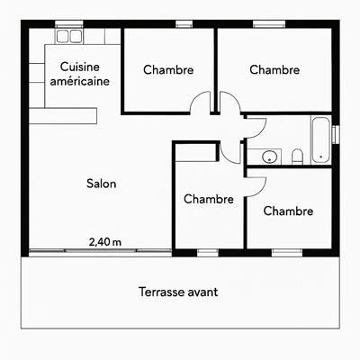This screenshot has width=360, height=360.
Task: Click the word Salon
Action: (102, 184)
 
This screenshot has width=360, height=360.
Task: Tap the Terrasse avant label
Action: (178, 292)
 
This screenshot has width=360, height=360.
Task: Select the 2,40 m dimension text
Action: (105, 242)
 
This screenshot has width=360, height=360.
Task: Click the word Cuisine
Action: (80, 67)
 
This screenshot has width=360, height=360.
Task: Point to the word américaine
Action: (80, 81)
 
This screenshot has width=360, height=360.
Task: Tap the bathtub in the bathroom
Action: (320, 140)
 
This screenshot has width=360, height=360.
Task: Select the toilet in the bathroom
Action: (297, 157)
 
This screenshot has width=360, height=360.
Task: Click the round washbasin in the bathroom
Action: (269, 157)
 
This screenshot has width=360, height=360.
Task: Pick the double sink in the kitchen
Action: (69, 36)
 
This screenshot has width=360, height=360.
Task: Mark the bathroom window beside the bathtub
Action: (336, 133)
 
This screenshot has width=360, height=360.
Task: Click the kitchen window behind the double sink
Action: (69, 24)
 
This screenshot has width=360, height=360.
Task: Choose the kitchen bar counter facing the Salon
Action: (63, 116)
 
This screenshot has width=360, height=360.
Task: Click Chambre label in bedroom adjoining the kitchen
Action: (168, 70)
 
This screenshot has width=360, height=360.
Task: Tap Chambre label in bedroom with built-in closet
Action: (209, 199)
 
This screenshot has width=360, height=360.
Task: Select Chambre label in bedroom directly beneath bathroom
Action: (288, 211)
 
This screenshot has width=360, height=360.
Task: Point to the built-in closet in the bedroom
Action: (195, 153)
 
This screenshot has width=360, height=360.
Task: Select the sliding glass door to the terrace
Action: (100, 250)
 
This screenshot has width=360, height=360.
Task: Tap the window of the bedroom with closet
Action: (208, 253)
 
